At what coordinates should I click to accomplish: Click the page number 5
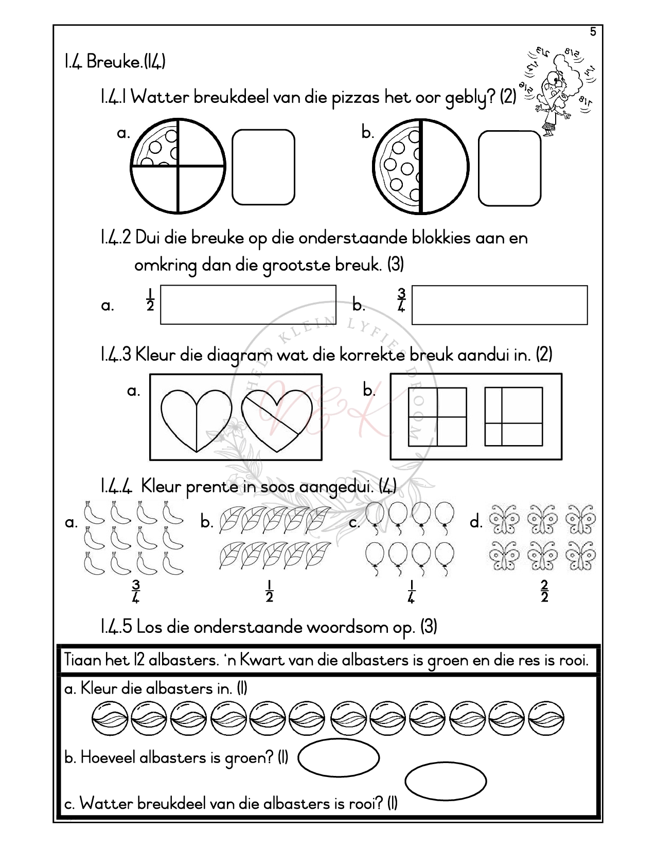(593, 32)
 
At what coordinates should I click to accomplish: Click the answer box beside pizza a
(263, 167)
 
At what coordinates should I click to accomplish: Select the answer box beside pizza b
(509, 168)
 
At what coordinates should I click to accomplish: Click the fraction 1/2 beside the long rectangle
(150, 300)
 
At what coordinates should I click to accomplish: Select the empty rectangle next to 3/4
(499, 305)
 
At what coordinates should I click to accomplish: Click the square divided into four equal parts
(437, 417)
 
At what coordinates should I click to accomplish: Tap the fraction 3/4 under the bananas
(136, 591)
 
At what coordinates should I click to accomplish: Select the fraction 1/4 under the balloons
(411, 591)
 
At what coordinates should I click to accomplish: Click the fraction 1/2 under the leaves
(269, 591)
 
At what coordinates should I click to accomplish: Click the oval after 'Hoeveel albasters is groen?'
(339, 757)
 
